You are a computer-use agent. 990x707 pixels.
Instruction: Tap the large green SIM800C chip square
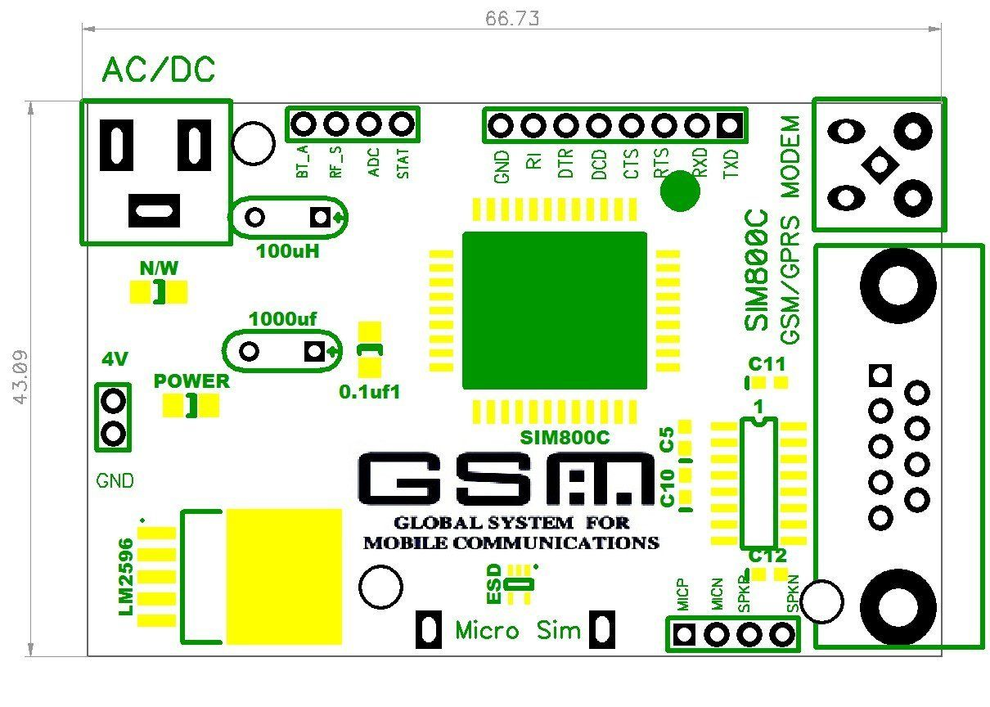click(x=554, y=310)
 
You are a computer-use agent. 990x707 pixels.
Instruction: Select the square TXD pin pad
click(x=730, y=125)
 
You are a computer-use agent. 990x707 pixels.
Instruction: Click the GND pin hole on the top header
click(x=501, y=125)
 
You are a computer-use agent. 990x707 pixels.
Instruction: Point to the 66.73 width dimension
click(x=512, y=17)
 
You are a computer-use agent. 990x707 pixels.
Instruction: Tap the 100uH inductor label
click(x=287, y=251)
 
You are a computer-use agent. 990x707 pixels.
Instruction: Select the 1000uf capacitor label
click(x=282, y=318)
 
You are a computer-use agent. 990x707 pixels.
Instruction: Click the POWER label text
click(x=192, y=381)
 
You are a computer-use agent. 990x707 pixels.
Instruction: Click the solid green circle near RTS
click(x=680, y=192)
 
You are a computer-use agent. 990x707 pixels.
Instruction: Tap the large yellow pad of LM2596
click(x=284, y=576)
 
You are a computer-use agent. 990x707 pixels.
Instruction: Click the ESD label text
click(x=493, y=585)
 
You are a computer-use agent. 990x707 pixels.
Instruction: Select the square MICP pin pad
click(x=685, y=633)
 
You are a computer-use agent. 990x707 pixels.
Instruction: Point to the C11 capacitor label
click(x=767, y=364)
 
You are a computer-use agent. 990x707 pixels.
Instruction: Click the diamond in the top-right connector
click(x=879, y=164)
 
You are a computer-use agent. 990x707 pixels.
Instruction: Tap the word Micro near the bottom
click(x=487, y=631)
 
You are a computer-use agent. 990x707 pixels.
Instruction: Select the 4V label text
click(x=114, y=359)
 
